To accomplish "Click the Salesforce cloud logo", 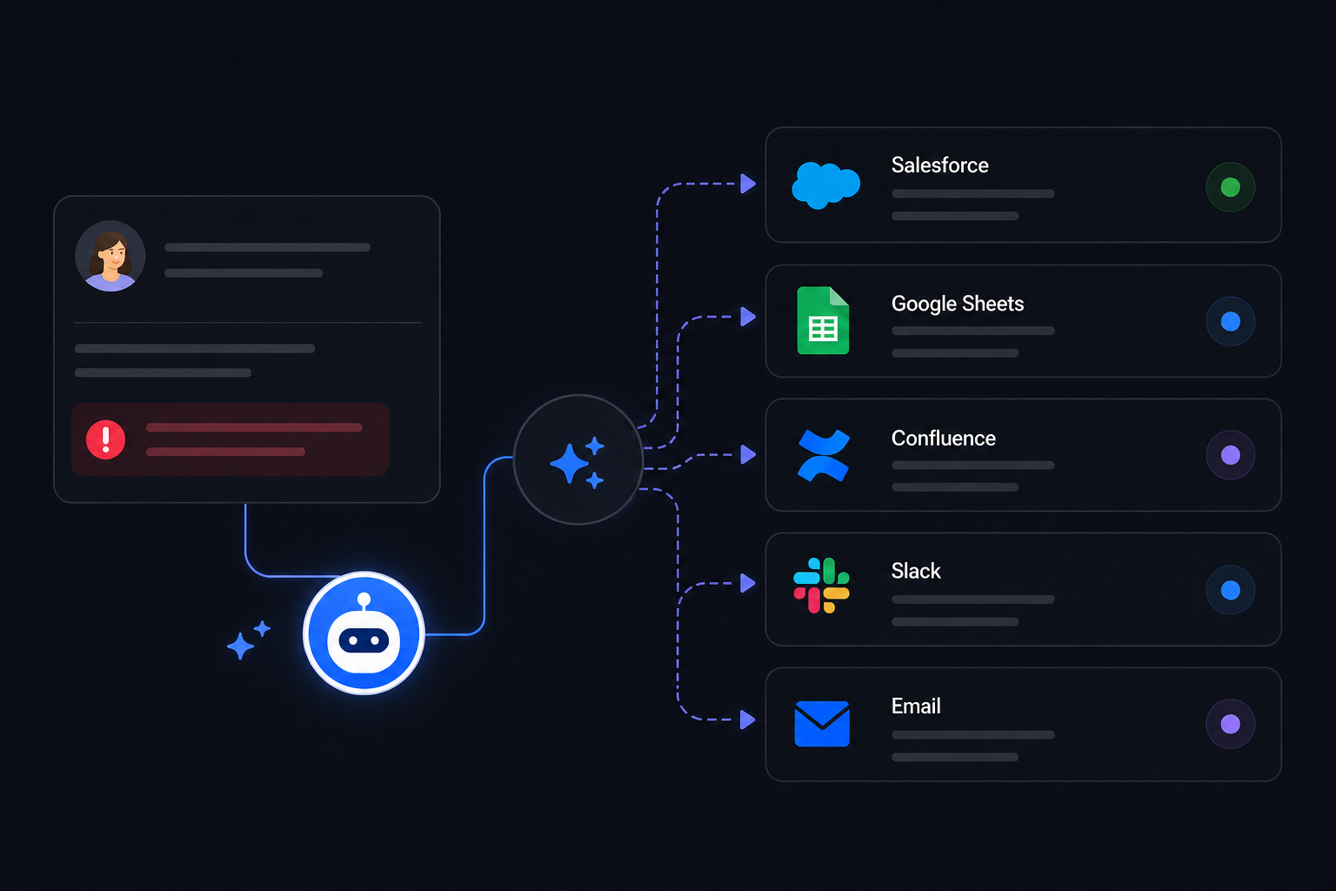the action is pyautogui.click(x=825, y=185).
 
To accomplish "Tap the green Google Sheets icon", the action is pyautogui.click(x=823, y=320).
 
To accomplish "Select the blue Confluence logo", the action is pyautogui.click(x=824, y=455).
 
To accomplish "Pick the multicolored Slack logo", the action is pyautogui.click(x=821, y=586).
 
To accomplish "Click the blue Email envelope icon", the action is pyautogui.click(x=822, y=723).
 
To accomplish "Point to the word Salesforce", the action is pyautogui.click(x=940, y=164).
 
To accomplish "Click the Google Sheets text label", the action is pyautogui.click(x=958, y=304).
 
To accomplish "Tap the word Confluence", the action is pyautogui.click(x=944, y=438).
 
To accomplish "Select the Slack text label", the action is pyautogui.click(x=916, y=571).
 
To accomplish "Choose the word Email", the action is pyautogui.click(x=916, y=706).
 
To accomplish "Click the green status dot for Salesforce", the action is pyautogui.click(x=1231, y=187).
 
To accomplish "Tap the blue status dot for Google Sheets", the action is pyautogui.click(x=1231, y=322).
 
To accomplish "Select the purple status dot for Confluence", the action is pyautogui.click(x=1231, y=455).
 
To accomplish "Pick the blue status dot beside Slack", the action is pyautogui.click(x=1231, y=590).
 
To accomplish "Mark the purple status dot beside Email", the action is pyautogui.click(x=1231, y=724).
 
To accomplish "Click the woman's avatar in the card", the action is pyautogui.click(x=110, y=256).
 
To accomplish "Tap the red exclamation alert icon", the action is pyautogui.click(x=105, y=439).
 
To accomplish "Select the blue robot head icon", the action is pyautogui.click(x=364, y=633).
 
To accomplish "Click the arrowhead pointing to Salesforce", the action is pyautogui.click(x=748, y=184).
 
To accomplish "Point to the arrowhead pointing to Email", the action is pyautogui.click(x=748, y=720).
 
